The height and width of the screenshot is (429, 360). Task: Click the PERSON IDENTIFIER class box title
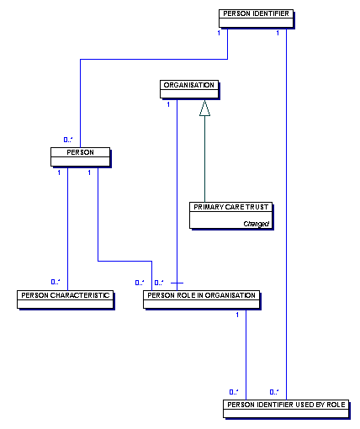[256, 13]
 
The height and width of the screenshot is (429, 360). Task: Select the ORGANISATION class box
[189, 89]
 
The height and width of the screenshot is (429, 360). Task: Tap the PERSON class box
[81, 157]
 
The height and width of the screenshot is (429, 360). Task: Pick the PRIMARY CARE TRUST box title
[231, 207]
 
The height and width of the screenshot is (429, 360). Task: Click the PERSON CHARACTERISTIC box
[66, 299]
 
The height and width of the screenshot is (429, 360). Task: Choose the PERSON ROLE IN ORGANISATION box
[202, 299]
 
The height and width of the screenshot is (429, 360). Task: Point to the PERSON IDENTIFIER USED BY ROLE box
[286, 409]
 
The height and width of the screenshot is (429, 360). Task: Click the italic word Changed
[257, 224]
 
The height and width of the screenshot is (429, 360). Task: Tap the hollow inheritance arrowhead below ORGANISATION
[204, 108]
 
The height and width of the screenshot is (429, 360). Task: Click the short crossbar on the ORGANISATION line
[177, 283]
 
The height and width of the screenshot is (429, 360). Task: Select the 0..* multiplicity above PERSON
[68, 140]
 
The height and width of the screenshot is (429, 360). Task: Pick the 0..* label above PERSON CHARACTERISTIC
[56, 282]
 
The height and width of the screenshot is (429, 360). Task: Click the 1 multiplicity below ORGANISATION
[168, 104]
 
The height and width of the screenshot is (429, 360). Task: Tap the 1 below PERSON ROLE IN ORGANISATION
[237, 315]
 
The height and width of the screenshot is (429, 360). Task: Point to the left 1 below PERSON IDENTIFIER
[219, 33]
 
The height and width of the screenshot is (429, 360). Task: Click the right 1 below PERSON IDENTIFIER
[278, 33]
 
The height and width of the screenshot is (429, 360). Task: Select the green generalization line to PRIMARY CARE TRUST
[204, 159]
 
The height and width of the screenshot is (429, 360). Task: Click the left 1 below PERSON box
[59, 172]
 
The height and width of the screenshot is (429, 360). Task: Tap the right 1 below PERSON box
[89, 172]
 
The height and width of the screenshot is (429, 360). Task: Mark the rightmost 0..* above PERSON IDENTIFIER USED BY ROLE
[274, 392]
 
